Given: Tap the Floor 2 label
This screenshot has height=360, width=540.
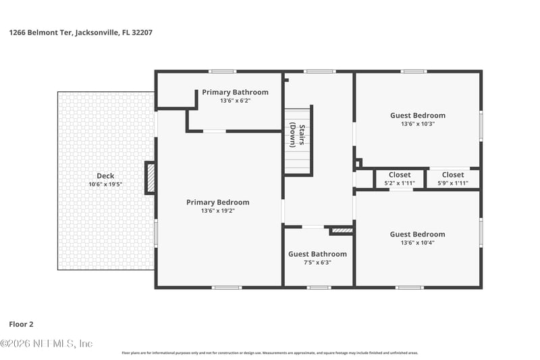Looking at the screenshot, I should tap(22, 324).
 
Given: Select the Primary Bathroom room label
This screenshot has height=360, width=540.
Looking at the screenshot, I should tap(235, 92).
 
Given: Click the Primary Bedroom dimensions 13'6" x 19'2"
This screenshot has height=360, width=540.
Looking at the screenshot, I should tap(217, 211).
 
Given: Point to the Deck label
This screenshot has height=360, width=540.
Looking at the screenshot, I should tap(105, 176).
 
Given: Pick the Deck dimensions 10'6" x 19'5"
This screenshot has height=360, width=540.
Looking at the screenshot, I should tap(105, 184).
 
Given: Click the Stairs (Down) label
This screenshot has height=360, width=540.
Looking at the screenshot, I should tap(298, 135).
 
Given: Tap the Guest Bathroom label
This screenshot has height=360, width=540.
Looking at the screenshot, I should tap(317, 254).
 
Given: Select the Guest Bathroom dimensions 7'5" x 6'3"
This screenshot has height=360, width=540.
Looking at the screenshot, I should tap(317, 263).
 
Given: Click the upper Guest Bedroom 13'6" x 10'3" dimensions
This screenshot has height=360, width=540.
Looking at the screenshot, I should tap(417, 124).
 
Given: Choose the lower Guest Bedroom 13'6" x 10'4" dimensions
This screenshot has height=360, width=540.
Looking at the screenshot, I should tap(417, 243).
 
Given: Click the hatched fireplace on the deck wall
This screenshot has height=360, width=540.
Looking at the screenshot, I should tap(151, 178).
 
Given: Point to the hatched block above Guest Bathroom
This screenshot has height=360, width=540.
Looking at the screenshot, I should tap(342, 231).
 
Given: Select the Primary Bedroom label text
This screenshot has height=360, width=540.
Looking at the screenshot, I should tap(217, 202).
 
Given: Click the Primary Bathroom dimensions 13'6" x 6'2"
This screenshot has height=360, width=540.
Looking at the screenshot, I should tap(235, 101).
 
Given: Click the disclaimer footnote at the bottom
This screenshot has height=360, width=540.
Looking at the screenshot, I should tap(270, 353).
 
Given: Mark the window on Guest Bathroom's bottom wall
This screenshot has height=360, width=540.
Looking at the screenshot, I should tap(319, 288).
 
